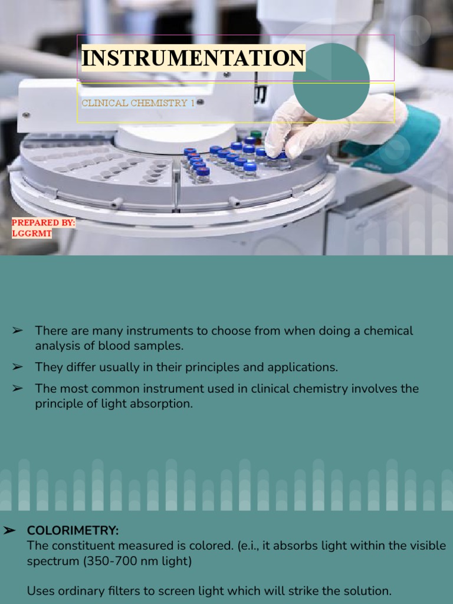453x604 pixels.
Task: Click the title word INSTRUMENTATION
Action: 193,58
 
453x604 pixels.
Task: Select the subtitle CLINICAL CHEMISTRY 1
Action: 138,103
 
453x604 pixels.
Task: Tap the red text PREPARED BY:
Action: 44,223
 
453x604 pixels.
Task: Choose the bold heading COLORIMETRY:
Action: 73,531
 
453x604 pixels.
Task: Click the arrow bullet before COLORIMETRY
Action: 9,531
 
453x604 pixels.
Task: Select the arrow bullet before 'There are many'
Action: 17,331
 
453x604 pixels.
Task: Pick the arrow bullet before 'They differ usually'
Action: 17,367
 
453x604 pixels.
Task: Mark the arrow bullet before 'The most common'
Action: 17,388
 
